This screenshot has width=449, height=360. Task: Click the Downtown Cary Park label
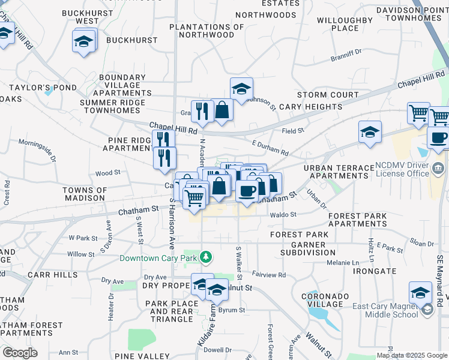[159, 259]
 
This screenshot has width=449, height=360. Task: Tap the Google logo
[20, 353]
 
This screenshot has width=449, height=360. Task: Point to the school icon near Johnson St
[241, 89]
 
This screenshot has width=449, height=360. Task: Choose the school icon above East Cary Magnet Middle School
[421, 292]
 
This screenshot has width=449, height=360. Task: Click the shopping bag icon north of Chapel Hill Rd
[222, 110]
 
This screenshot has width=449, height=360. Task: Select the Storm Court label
[328, 95]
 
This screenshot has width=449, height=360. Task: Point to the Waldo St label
[283, 214]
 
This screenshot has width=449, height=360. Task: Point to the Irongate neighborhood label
[374, 271]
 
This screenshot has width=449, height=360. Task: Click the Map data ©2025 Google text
[412, 355]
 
